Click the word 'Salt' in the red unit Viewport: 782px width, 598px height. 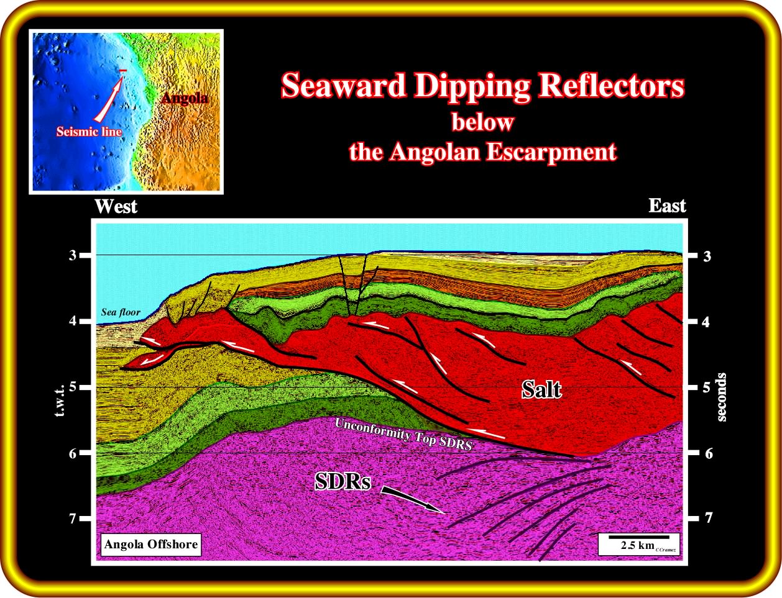(x=541, y=389)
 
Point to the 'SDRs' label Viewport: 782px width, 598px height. (x=343, y=481)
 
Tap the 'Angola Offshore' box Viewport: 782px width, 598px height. (x=151, y=544)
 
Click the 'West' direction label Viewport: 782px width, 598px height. (x=116, y=206)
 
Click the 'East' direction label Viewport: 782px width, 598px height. (x=667, y=206)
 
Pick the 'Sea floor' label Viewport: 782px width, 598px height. (x=121, y=312)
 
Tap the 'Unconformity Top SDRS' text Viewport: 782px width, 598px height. (x=403, y=434)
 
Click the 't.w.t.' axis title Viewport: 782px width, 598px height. (x=60, y=401)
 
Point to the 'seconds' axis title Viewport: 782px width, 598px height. (x=722, y=397)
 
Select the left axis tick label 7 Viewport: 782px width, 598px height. (x=73, y=519)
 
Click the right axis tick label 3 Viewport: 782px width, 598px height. (x=707, y=256)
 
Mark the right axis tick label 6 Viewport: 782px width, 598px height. (x=709, y=453)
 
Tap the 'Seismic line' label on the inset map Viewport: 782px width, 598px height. (x=90, y=132)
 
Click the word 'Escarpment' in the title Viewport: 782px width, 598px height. (x=551, y=152)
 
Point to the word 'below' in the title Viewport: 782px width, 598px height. (x=482, y=122)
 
